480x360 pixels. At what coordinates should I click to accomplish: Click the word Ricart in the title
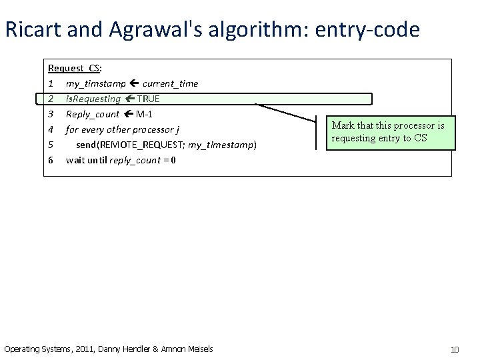pyautogui.click(x=29, y=30)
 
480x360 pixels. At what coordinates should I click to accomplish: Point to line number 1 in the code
pyautogui.click(x=51, y=83)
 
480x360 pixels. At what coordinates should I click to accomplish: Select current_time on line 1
pyautogui.click(x=170, y=83)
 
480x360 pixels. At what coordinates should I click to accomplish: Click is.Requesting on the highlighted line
pyautogui.click(x=93, y=99)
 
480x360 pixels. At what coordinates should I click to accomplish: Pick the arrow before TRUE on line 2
pyautogui.click(x=129, y=99)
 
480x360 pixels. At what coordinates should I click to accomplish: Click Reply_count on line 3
pyautogui.click(x=92, y=114)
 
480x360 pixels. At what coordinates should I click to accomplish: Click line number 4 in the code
pyautogui.click(x=51, y=129)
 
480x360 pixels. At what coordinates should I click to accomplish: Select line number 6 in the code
pyautogui.click(x=51, y=160)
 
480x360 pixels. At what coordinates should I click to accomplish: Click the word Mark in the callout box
pyautogui.click(x=343, y=126)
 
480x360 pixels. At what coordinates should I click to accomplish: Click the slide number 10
pyautogui.click(x=455, y=349)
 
